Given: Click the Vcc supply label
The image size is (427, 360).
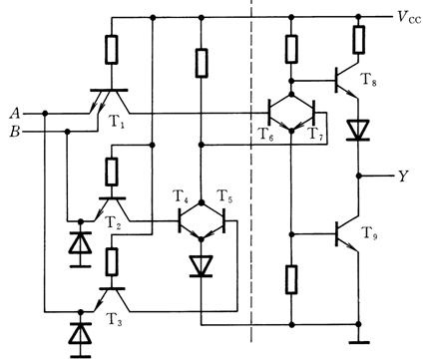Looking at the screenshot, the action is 409,16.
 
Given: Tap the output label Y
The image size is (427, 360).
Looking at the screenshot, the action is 403,177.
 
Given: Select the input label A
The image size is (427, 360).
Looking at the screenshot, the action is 15,114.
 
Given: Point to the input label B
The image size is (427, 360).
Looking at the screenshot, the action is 15,132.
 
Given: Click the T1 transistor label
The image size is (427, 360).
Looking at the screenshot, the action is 117,123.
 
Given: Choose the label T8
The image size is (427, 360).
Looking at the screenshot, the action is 368,80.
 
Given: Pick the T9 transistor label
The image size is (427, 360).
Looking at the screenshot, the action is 369,233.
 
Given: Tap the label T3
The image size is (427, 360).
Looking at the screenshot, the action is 114,319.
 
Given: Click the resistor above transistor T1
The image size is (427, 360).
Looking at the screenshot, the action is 112,50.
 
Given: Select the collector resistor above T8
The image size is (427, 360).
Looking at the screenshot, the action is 358,39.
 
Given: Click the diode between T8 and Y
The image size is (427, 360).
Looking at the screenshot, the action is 358,131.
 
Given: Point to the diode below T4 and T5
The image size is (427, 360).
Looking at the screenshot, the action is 201,266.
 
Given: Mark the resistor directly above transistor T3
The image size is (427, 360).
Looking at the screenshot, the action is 112,261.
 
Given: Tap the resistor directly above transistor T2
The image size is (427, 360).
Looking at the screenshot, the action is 112,172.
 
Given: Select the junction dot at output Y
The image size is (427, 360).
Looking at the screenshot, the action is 358,176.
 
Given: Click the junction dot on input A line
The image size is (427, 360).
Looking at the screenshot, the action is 45,114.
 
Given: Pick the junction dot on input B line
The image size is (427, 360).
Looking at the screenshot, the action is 67,132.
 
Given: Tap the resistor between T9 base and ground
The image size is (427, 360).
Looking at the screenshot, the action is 291,279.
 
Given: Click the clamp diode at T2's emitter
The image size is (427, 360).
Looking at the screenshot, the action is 80,243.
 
